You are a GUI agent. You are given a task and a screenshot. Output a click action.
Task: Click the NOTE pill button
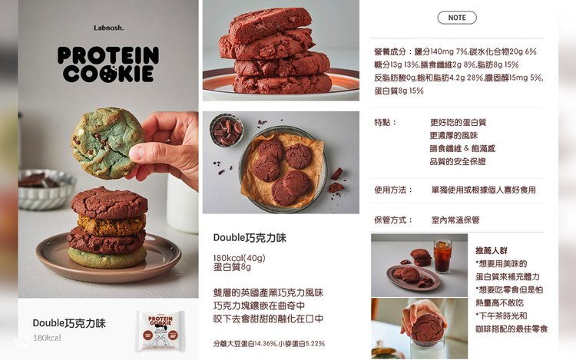pyautogui.click(x=457, y=18)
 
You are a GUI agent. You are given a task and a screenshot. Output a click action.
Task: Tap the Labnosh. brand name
pyautogui.click(x=108, y=28)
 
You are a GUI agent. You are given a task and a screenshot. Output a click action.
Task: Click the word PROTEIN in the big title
pyautogui.click(x=108, y=55)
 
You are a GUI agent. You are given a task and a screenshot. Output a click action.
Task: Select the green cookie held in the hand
pyautogui.click(x=107, y=143)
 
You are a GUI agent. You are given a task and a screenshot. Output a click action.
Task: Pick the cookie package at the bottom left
pyautogui.click(x=161, y=330)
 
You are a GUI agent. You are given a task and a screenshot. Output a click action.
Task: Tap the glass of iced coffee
pyautogui.click(x=442, y=256)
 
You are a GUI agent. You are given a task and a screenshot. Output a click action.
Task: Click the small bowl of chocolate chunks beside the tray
pyautogui.click(x=227, y=130)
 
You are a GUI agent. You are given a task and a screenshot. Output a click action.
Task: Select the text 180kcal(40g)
pyautogui.click(x=239, y=258)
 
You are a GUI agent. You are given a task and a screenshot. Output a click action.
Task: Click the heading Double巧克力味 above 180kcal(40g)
pyautogui.click(x=250, y=238)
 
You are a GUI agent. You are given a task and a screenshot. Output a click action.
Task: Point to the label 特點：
pyautogui.click(x=386, y=122)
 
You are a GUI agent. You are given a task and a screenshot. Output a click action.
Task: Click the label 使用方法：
pyautogui.click(x=393, y=190)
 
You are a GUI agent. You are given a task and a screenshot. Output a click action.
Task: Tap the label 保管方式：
pyautogui.click(x=393, y=220)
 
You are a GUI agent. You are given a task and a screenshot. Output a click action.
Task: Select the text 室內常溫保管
pyautogui.click(x=455, y=220)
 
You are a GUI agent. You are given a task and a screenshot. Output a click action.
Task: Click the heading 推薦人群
pyautogui.click(x=492, y=251)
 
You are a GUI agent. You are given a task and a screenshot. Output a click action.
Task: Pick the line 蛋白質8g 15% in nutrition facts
pyautogui.click(x=399, y=91)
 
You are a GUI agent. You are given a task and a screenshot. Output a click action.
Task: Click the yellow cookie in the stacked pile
pyautogui.click(x=111, y=225)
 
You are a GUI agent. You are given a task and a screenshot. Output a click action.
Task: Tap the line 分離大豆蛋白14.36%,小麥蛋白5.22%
pyautogui.click(x=269, y=344)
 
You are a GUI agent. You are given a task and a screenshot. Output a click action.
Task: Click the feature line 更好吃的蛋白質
pyautogui.click(x=458, y=122)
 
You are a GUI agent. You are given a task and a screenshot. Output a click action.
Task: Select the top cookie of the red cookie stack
pyautogui.click(x=270, y=25)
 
